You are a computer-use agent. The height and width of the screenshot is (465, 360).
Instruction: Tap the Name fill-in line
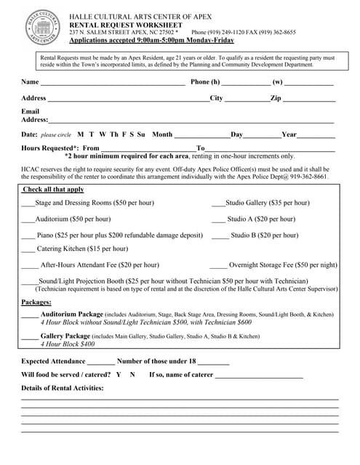click(113, 84)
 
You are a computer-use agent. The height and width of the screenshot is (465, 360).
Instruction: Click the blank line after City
click(247, 100)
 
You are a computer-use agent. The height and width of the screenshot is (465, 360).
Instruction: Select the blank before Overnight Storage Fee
click(218, 267)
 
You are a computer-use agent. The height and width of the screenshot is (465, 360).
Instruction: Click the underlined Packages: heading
click(36, 302)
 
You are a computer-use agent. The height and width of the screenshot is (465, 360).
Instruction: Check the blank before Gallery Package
click(30, 338)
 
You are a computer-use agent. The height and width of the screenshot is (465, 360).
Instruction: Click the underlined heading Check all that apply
click(53, 189)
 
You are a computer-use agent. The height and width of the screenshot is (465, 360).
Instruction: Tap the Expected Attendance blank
click(101, 362)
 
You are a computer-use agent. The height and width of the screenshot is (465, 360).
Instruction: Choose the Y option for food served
click(119, 375)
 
